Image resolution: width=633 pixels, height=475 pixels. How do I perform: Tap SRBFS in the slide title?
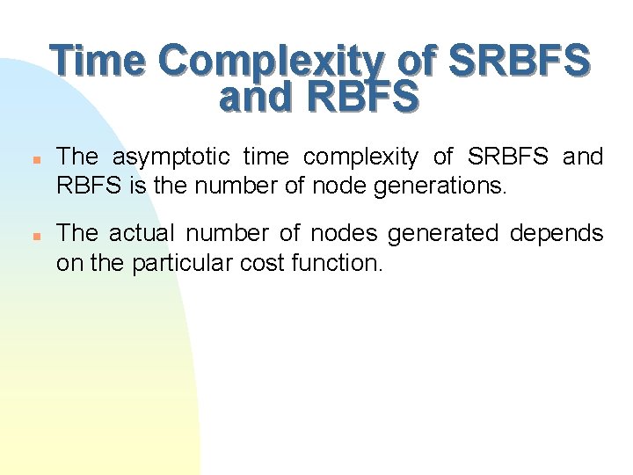click(518, 62)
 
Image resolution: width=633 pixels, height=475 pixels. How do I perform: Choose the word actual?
click(145, 234)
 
